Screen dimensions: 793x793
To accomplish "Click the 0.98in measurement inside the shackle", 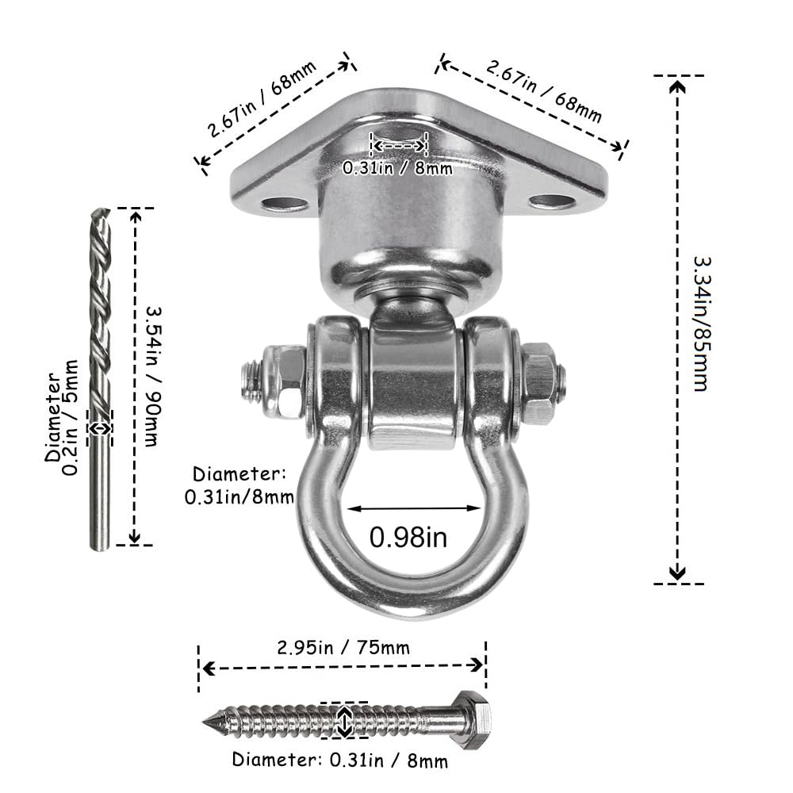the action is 408,537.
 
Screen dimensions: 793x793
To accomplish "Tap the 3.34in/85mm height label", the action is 703,324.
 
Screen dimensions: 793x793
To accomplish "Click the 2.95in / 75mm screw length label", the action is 343,647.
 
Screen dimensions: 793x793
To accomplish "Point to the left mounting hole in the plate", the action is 284,205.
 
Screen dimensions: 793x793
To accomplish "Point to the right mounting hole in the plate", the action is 552,202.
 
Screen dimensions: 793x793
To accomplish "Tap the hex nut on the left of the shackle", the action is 284,381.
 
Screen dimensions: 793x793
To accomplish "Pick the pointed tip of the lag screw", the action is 204,722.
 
